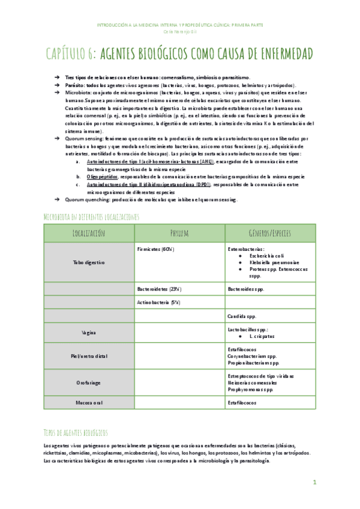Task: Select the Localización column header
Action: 89,232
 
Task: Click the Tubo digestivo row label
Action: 89,262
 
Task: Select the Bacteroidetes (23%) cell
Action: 160,289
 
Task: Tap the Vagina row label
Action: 89,332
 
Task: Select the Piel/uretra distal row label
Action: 89,355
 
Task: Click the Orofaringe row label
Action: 89,382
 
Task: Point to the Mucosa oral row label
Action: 89,403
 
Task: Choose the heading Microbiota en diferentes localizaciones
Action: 91,215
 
